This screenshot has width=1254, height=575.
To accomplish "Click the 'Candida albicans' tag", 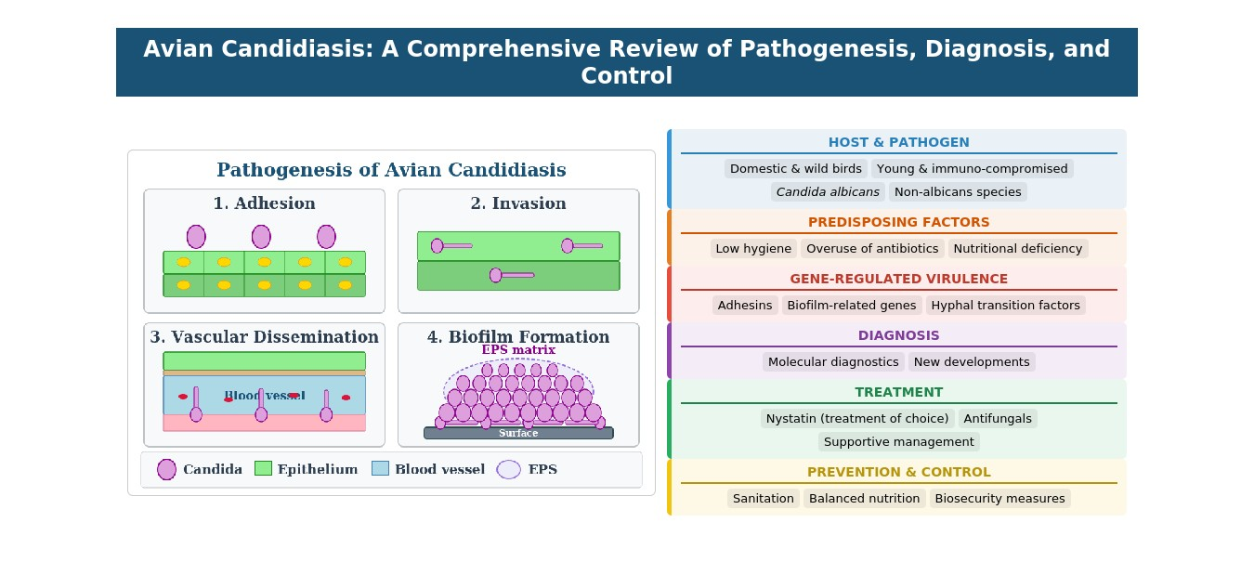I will (x=828, y=192).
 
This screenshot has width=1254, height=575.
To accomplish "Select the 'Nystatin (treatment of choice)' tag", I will (x=858, y=418).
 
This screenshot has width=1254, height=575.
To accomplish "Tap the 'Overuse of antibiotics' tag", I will (x=871, y=249).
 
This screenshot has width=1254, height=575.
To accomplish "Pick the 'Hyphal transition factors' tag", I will (x=1005, y=306).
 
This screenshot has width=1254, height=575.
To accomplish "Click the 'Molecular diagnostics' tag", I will (x=833, y=362).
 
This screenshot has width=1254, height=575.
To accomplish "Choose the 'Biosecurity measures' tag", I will (x=999, y=499).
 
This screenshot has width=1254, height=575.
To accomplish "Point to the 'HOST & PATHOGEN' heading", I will (x=898, y=143).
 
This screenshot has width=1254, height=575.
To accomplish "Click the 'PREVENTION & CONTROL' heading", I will (x=898, y=472).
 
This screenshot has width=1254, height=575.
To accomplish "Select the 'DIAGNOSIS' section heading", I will (x=898, y=335).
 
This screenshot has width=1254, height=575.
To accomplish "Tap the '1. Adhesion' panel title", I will (x=264, y=203).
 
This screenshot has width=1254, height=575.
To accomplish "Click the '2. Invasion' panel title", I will (x=517, y=203).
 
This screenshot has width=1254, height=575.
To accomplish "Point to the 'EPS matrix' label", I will (x=518, y=350).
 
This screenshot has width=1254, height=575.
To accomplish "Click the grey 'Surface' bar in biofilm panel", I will (x=518, y=433).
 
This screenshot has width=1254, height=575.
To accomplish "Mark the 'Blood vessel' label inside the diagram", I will (x=264, y=396).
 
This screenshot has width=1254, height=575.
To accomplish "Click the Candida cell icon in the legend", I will (x=167, y=469).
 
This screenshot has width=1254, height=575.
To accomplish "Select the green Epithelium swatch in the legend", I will (x=262, y=469).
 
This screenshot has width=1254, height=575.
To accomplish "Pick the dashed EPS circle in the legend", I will (x=508, y=469).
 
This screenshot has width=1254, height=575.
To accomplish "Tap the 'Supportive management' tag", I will (x=898, y=442).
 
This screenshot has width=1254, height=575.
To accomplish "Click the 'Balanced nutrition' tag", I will (x=864, y=499).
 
